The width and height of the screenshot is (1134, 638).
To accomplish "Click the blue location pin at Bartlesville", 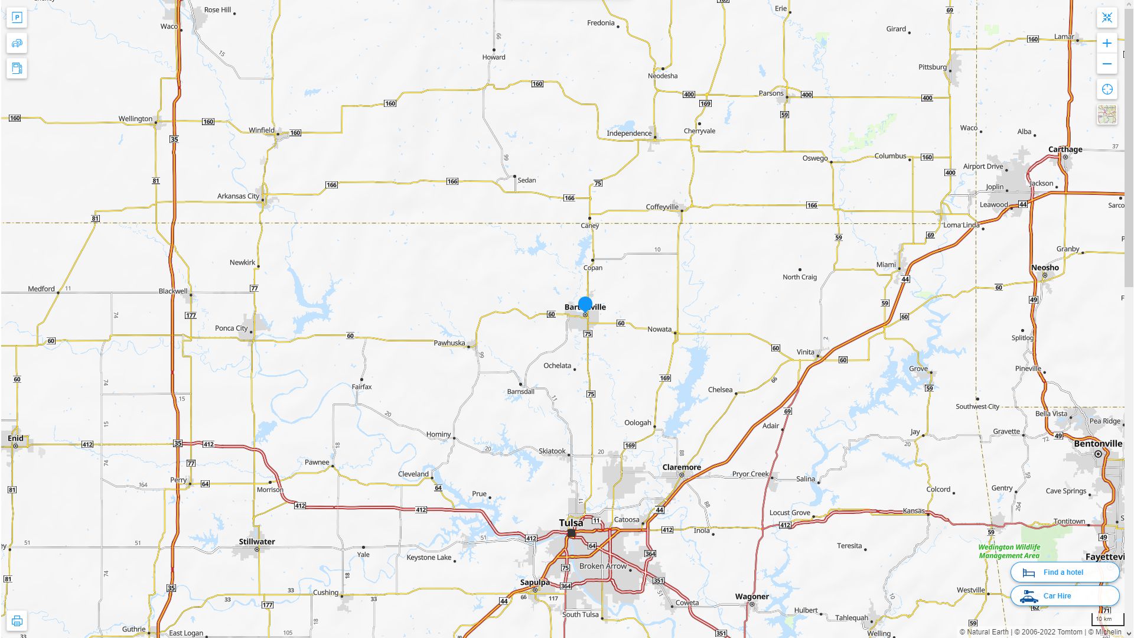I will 585,304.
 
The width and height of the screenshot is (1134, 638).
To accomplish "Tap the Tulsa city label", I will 571,523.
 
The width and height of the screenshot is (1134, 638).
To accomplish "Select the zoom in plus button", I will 1107,43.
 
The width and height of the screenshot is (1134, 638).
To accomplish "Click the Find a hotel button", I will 1064,572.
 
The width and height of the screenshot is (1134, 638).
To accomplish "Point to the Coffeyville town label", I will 661,207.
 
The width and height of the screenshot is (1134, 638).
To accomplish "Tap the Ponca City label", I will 231,328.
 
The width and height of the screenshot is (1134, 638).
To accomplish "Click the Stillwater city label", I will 256,542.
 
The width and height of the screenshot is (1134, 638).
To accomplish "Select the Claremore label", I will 682,467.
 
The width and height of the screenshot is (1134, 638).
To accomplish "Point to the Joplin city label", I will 995,187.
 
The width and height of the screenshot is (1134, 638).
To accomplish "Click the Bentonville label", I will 1098,444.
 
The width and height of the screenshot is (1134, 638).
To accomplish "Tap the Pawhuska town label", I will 449,343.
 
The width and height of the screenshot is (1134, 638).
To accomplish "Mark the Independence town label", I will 629,133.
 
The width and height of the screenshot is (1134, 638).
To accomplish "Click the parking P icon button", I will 17,18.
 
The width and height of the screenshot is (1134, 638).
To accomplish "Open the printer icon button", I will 17,621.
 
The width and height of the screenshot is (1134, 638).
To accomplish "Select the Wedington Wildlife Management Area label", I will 1009,551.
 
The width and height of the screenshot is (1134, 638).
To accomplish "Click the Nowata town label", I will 659,329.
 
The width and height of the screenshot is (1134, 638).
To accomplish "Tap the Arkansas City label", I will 238,196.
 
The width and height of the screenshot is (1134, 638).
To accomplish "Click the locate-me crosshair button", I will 1107,89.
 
